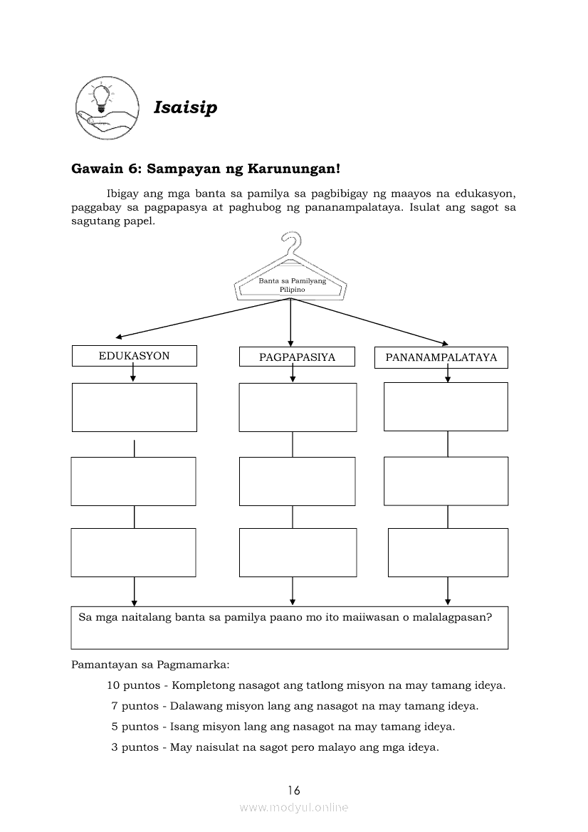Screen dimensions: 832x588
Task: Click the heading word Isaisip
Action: (x=185, y=107)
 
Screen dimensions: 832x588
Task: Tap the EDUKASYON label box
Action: (x=134, y=356)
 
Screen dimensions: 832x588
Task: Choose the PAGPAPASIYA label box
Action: (x=297, y=357)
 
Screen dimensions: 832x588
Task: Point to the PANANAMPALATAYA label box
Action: (x=441, y=357)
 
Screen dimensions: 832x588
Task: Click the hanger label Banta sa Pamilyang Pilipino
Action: (x=292, y=285)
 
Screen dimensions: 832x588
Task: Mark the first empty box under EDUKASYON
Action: (x=134, y=407)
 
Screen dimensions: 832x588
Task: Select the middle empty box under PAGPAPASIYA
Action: (x=297, y=481)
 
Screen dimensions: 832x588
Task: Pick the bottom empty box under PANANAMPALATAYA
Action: (x=448, y=552)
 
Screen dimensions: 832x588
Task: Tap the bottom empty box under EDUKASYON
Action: (x=133, y=552)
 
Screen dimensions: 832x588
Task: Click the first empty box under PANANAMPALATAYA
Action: (x=446, y=406)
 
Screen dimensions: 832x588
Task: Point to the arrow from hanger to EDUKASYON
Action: (x=199, y=319)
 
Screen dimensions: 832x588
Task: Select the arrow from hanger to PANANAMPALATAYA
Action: (x=370, y=321)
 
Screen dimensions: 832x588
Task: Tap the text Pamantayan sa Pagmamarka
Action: (x=150, y=665)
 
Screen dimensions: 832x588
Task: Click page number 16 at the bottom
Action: (x=294, y=790)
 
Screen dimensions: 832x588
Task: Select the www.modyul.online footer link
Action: (x=294, y=807)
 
